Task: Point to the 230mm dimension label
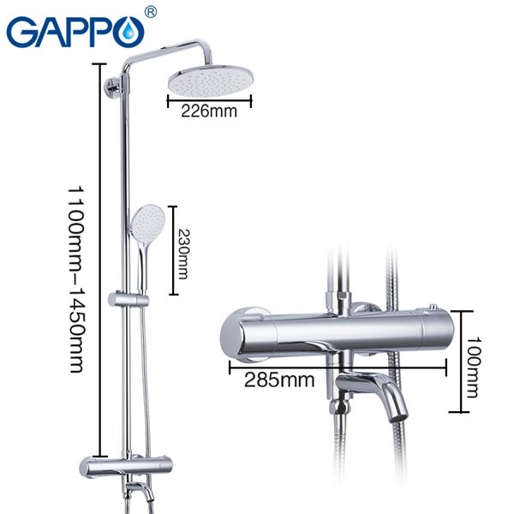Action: [182, 250]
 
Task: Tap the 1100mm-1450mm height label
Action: [75, 278]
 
